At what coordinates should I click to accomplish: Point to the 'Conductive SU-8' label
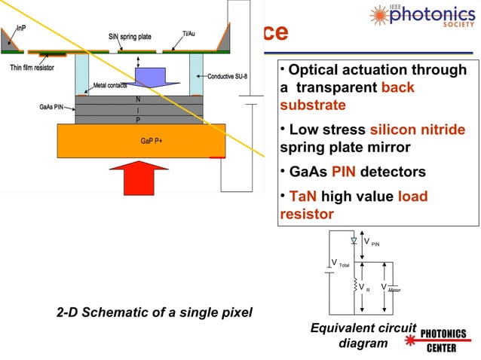tap(231, 76)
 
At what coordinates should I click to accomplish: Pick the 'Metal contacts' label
tap(110, 85)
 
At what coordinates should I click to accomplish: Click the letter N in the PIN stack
tap(137, 99)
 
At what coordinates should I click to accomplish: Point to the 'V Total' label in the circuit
tap(341, 264)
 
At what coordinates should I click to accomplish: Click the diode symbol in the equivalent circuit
tap(354, 241)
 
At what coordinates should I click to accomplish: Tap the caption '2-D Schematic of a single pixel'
tap(155, 313)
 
